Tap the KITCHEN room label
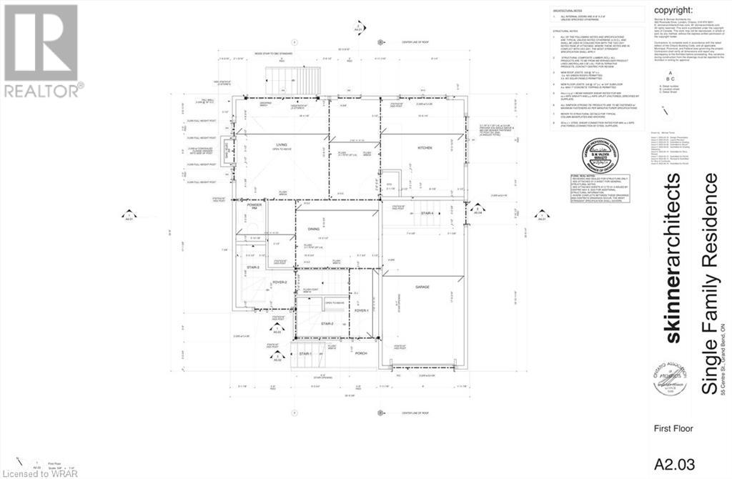pos(426,147)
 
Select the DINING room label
pos(314,229)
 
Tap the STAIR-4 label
pos(427,214)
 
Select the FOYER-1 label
pos(361,310)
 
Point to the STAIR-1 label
pos(306,353)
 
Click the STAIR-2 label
pos(328,323)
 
